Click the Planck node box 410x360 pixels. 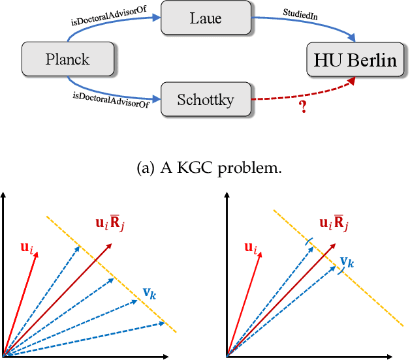[x=66, y=60]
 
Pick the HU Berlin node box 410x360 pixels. [x=355, y=61]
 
